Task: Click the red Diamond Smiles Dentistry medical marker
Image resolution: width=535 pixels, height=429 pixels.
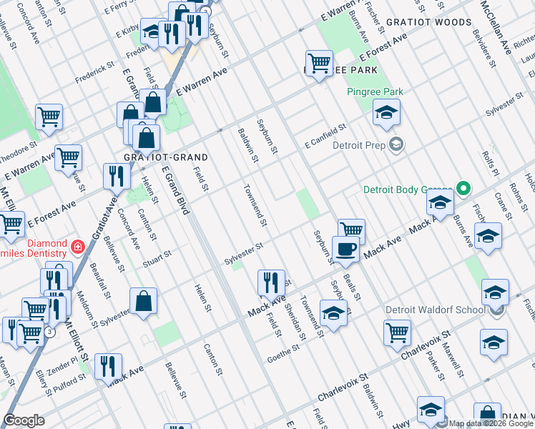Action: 77,248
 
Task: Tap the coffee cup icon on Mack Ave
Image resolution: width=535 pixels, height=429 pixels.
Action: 345,249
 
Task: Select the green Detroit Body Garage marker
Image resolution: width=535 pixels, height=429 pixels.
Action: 463,189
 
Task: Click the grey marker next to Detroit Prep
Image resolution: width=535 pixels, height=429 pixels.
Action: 396,145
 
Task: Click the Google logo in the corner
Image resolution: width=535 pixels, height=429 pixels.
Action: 24,420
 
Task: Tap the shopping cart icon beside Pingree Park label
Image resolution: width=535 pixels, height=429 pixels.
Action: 318,61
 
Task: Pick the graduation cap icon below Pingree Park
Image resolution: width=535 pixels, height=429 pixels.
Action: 386,112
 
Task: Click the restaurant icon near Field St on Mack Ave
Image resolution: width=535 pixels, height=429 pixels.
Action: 271,282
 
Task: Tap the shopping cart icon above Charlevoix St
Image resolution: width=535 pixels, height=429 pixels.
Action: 397,331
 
